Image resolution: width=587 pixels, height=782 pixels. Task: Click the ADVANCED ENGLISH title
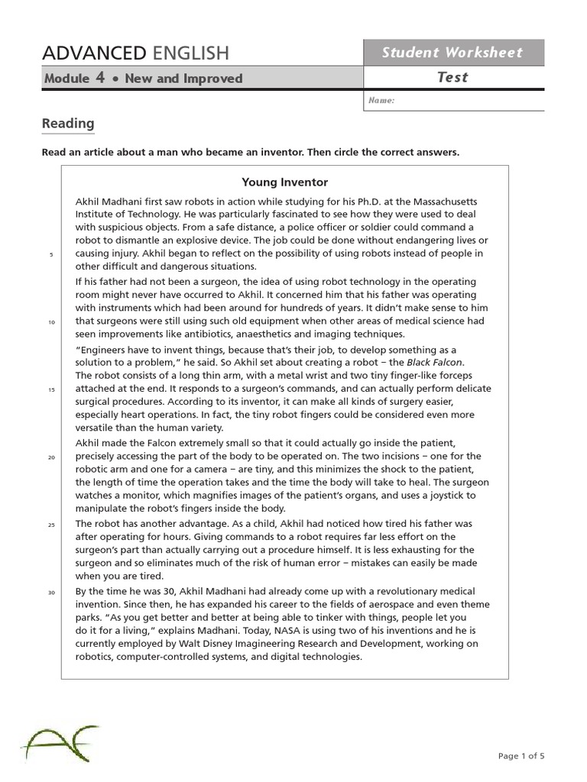coord(135,53)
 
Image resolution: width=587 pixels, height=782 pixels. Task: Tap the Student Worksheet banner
coord(452,53)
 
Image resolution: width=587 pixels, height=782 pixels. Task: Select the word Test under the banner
coord(452,77)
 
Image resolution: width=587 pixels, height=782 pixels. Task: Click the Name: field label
coord(381,100)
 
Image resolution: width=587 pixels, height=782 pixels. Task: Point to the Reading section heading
coord(68,123)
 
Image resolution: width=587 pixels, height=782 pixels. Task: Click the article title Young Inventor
coord(284,182)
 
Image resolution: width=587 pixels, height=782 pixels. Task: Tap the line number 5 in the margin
coord(51,254)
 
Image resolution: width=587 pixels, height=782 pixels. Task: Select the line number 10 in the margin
coord(51,322)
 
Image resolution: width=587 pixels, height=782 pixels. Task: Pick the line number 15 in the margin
coord(51,389)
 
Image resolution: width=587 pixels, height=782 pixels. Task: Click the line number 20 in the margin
coord(51,457)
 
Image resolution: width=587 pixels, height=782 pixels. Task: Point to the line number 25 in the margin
coord(51,525)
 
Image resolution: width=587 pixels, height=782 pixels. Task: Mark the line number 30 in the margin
coord(51,592)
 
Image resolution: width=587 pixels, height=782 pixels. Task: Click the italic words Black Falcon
coord(435,362)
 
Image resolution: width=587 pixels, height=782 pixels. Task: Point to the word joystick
coord(442,496)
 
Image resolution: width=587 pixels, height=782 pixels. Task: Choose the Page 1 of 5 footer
coord(521,756)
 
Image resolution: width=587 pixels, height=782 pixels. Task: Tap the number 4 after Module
coord(100,77)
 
